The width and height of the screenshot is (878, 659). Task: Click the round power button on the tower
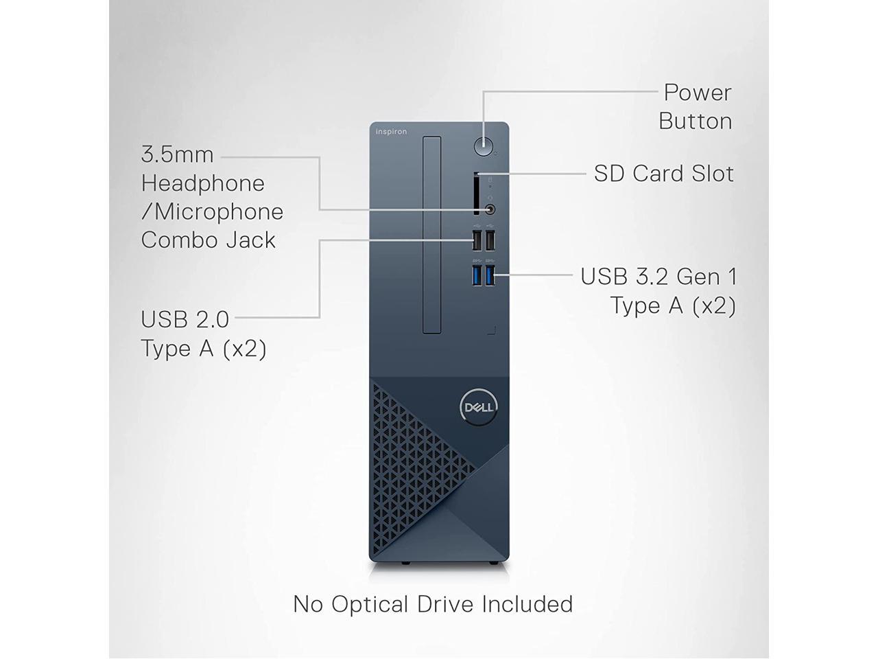tap(484, 146)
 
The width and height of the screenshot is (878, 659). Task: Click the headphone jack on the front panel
tap(490, 209)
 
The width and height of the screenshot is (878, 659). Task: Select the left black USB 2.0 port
tap(477, 240)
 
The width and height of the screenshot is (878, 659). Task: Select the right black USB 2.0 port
tap(490, 240)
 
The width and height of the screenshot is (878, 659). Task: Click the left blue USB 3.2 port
tap(477, 275)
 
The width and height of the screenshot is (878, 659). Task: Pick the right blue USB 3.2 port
tap(490, 275)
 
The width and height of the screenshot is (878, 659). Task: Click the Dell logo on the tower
tap(479, 407)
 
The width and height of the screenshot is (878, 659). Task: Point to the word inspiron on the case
tap(391, 132)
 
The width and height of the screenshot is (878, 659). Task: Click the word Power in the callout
tap(698, 92)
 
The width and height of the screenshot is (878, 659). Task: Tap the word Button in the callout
tap(695, 121)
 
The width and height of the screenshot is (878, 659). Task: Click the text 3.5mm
tap(177, 154)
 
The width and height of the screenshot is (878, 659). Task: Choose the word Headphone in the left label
tap(203, 183)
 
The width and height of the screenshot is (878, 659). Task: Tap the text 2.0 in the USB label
tap(213, 319)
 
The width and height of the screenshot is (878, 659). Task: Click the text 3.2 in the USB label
tap(648, 276)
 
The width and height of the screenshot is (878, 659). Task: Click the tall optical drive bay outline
tap(432, 235)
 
